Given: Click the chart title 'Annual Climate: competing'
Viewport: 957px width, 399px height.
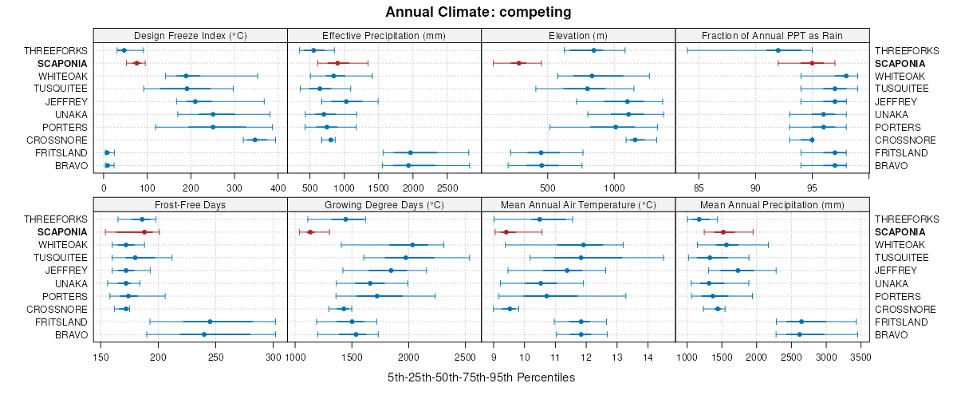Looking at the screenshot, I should tap(478, 12).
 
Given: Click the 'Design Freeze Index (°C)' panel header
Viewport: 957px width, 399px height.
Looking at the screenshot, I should tap(191, 35).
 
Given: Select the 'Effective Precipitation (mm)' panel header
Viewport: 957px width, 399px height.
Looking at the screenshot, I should tap(384, 35).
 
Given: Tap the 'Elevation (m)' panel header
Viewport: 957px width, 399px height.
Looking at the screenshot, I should tap(578, 35).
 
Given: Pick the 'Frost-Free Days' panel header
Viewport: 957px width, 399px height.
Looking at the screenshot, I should tap(191, 204).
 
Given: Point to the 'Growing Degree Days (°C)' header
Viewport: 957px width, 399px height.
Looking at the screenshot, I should tap(384, 204).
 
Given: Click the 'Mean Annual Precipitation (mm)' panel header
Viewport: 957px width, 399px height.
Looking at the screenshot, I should tap(772, 204).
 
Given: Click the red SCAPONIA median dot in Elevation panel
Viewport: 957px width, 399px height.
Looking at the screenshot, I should tap(519, 63).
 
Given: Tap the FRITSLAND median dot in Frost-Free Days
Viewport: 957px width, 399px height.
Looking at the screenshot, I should tap(210, 322).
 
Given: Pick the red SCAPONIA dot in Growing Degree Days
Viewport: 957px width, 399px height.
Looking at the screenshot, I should tap(310, 232).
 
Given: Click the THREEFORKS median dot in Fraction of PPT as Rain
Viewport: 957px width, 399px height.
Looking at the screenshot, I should tap(778, 50).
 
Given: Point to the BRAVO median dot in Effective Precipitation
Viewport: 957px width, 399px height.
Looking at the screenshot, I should tap(408, 165).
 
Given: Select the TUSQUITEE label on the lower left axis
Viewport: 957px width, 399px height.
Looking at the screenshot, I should tap(61, 258).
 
